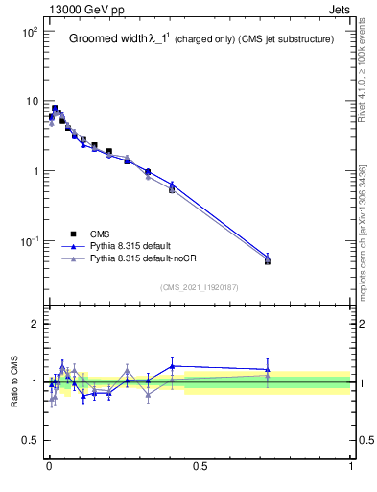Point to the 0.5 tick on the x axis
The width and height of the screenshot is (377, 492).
pyautogui.click(x=200, y=468)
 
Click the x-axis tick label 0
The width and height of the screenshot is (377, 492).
pyautogui.click(x=48, y=468)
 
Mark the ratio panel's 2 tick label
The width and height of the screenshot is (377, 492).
pyautogui.click(x=35, y=324)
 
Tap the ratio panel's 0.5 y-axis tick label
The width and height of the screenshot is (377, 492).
pyautogui.click(x=29, y=441)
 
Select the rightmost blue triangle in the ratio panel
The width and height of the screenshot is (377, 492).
pyautogui.click(x=268, y=369)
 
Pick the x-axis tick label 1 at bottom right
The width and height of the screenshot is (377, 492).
pyautogui.click(x=350, y=468)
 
